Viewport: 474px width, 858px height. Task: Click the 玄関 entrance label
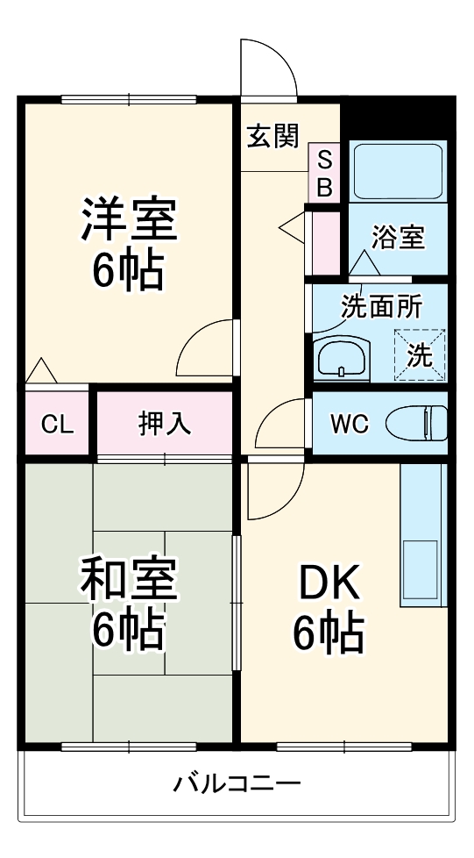pyautogui.click(x=272, y=136)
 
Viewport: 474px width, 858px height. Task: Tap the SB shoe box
pyautogui.click(x=324, y=173)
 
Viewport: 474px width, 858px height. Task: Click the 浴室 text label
pyautogui.click(x=398, y=237)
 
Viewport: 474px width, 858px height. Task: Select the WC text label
pyautogui.click(x=349, y=424)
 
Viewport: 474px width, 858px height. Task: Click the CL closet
pyautogui.click(x=56, y=425)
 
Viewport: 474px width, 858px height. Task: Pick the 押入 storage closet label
pyautogui.click(x=164, y=424)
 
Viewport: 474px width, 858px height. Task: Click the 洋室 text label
pyautogui.click(x=129, y=220)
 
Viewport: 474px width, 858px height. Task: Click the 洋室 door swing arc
pyautogui.click(x=205, y=348)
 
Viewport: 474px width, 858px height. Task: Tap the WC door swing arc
pyautogui.click(x=281, y=425)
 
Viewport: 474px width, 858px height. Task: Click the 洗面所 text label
pyautogui.click(x=380, y=307)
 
